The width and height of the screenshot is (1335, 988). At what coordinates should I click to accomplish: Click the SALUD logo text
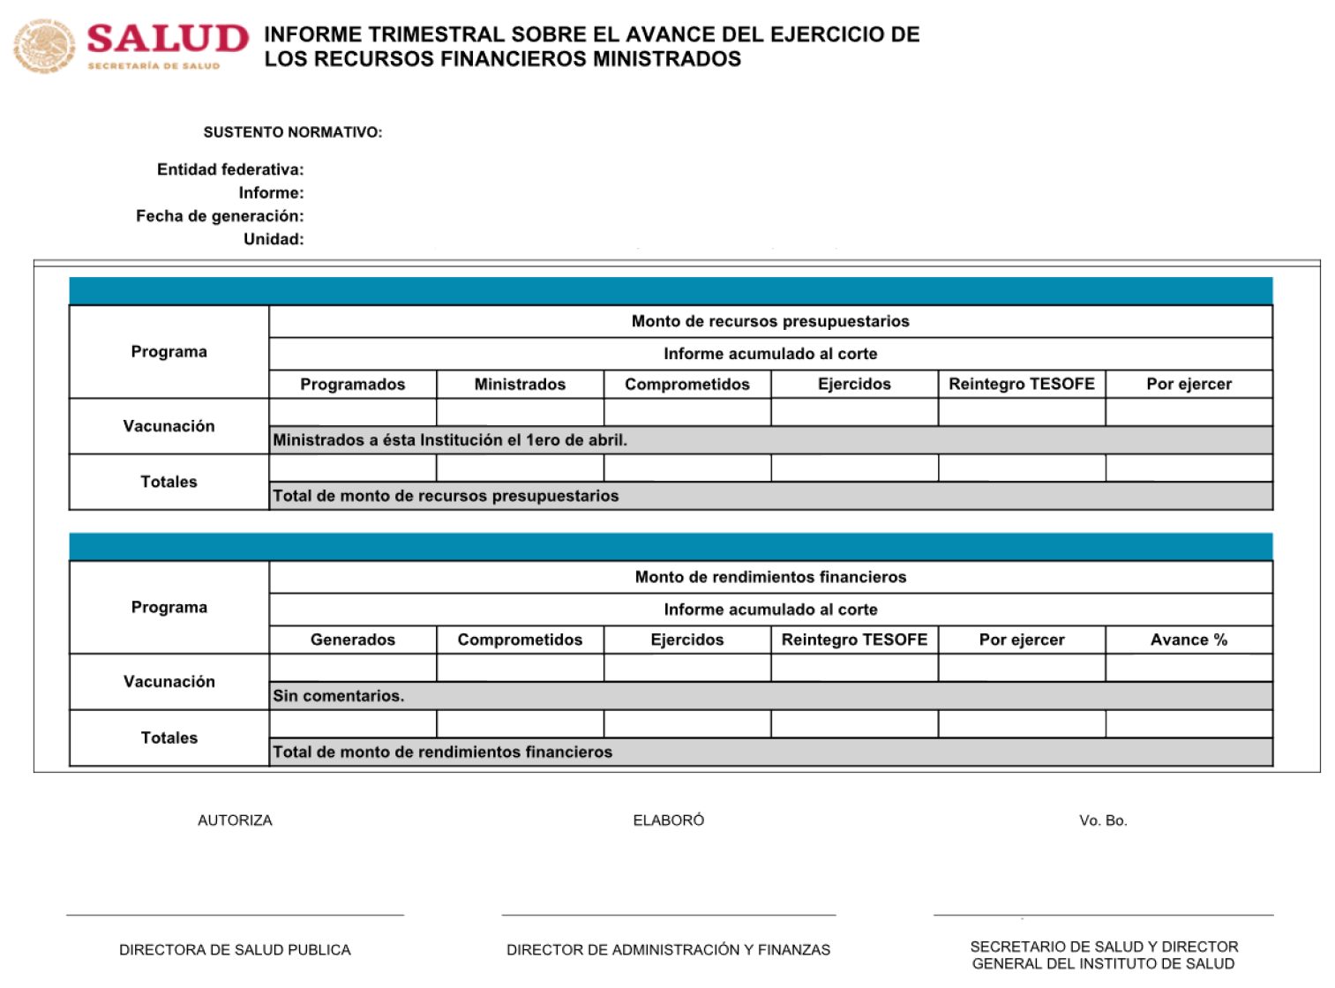click(x=168, y=39)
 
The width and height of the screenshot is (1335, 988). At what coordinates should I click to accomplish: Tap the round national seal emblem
click(x=43, y=47)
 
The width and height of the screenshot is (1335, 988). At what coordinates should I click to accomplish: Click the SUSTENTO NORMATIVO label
click(x=292, y=132)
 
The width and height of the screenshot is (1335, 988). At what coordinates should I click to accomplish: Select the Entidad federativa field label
click(x=230, y=169)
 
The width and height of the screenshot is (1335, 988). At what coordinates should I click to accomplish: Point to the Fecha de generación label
click(x=220, y=216)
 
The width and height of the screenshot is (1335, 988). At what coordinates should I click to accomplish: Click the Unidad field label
click(x=274, y=239)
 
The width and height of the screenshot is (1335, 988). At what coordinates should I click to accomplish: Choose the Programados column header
click(x=352, y=385)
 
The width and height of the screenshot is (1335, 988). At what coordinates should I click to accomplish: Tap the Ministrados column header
click(x=520, y=385)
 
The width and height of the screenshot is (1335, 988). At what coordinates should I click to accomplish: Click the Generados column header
click(x=352, y=640)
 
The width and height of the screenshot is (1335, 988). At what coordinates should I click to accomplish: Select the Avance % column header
click(x=1189, y=640)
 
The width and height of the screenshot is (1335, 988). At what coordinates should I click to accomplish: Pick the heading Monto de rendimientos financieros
click(x=770, y=577)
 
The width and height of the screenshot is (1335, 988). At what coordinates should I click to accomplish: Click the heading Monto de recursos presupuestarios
click(x=770, y=321)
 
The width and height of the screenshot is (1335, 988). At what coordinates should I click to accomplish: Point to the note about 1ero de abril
click(x=450, y=440)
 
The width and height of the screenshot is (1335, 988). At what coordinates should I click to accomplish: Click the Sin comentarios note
click(x=338, y=696)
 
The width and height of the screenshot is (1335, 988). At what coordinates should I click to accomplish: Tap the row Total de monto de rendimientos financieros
click(x=442, y=752)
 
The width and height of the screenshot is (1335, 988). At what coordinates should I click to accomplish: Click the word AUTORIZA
click(x=235, y=820)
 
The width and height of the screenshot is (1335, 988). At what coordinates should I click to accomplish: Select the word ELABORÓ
click(x=668, y=820)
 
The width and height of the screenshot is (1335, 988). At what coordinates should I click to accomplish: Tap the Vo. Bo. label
click(x=1103, y=820)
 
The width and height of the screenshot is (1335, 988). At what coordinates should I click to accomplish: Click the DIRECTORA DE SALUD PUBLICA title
click(x=235, y=950)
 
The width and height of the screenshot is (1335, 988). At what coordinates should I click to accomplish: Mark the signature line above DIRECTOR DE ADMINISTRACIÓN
click(x=668, y=915)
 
